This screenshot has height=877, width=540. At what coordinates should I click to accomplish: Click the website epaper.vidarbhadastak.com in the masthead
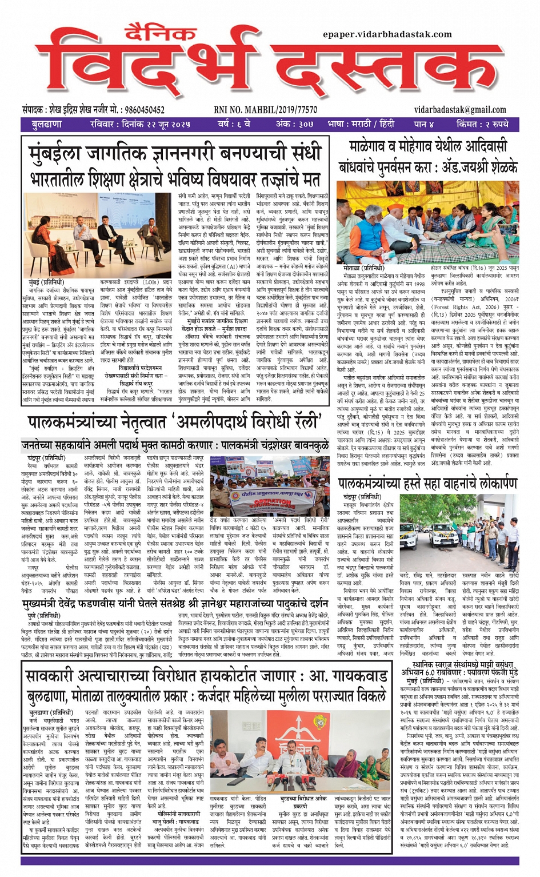(387, 35)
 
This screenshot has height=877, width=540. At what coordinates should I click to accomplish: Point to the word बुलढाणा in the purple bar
(47, 124)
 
